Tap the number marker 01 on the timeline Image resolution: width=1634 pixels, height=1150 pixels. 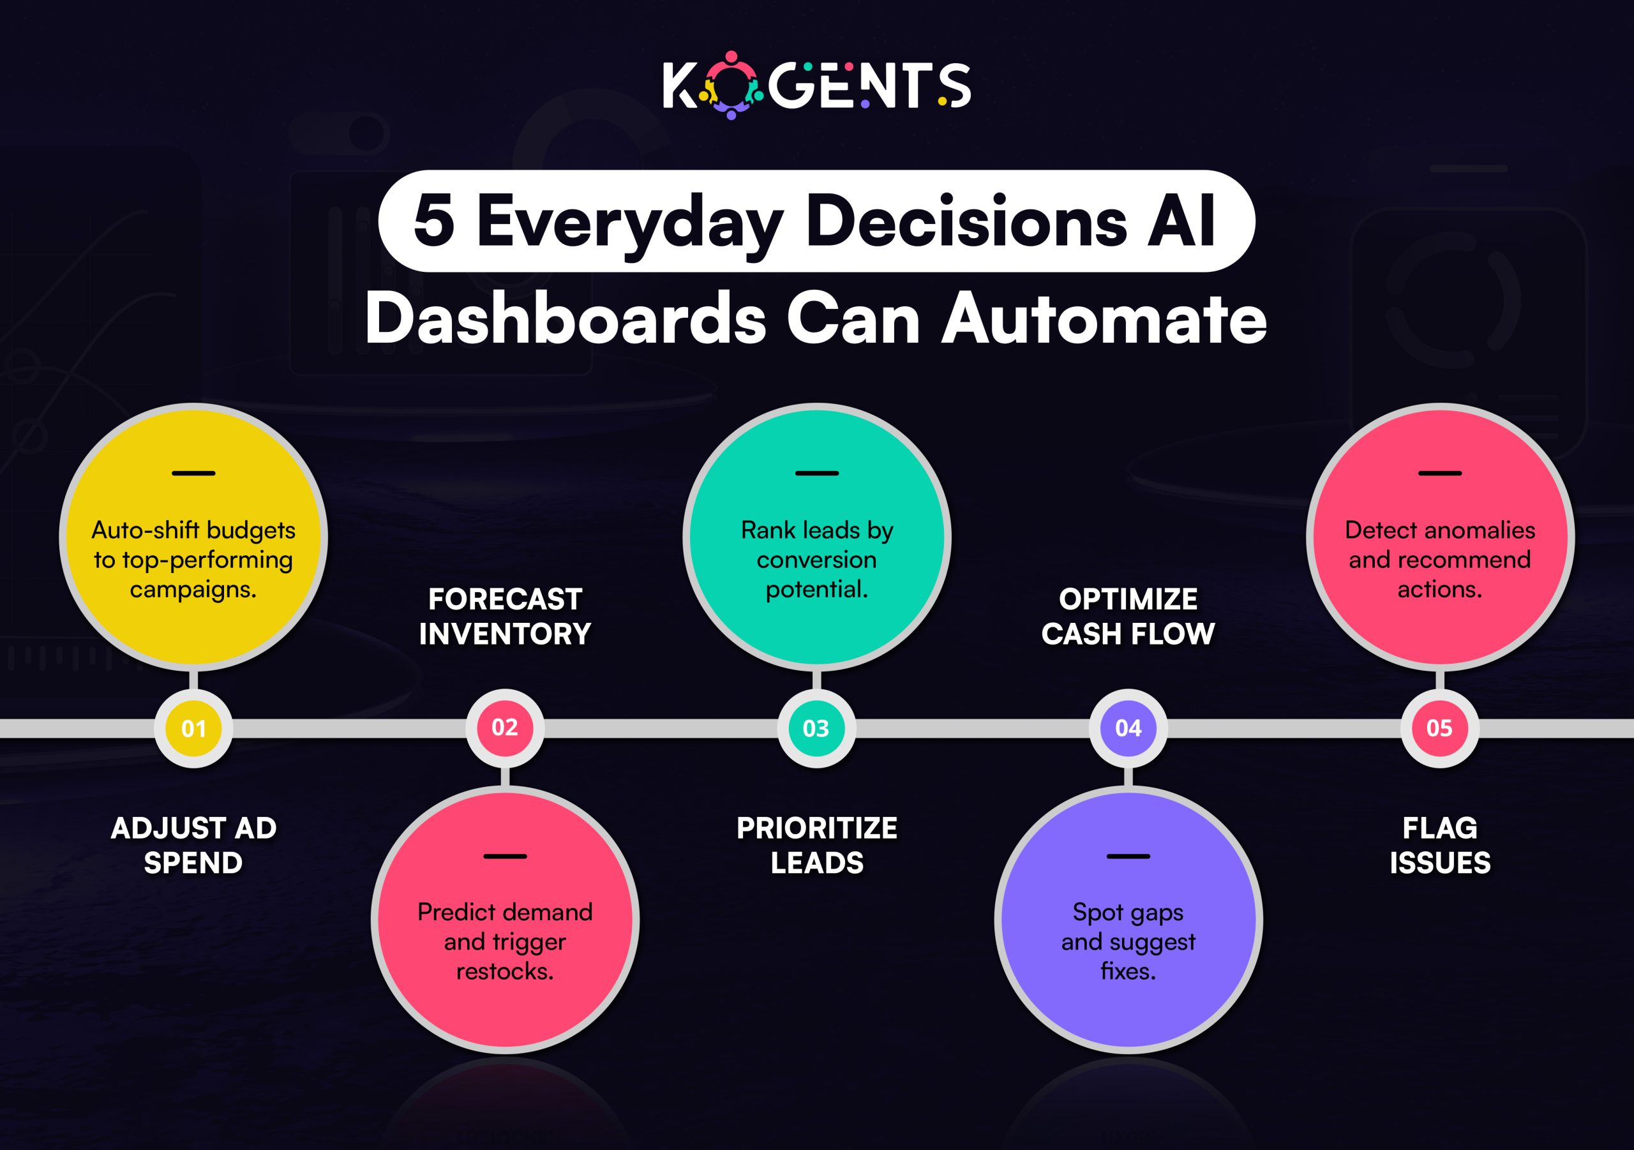click(193, 728)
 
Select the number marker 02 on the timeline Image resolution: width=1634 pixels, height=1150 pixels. click(505, 728)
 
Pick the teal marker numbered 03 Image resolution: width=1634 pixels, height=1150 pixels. click(816, 728)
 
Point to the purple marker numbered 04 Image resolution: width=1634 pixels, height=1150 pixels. click(1128, 728)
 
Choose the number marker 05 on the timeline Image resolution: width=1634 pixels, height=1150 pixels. click(1439, 728)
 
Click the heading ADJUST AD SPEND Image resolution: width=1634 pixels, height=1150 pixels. click(193, 846)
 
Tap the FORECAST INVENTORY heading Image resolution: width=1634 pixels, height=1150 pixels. click(505, 616)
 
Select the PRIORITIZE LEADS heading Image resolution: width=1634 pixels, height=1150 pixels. click(817, 846)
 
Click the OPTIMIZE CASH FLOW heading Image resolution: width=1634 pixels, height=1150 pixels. click(1128, 616)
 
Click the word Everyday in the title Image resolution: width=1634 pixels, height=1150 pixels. click(630, 223)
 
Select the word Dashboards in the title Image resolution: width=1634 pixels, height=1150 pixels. click(566, 320)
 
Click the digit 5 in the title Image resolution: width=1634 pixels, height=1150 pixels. click(433, 222)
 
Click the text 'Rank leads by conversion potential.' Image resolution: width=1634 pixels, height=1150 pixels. click(817, 559)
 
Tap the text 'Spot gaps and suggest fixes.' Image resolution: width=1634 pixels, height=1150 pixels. click(1128, 941)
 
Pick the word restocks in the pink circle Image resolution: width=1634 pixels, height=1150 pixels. click(505, 971)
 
